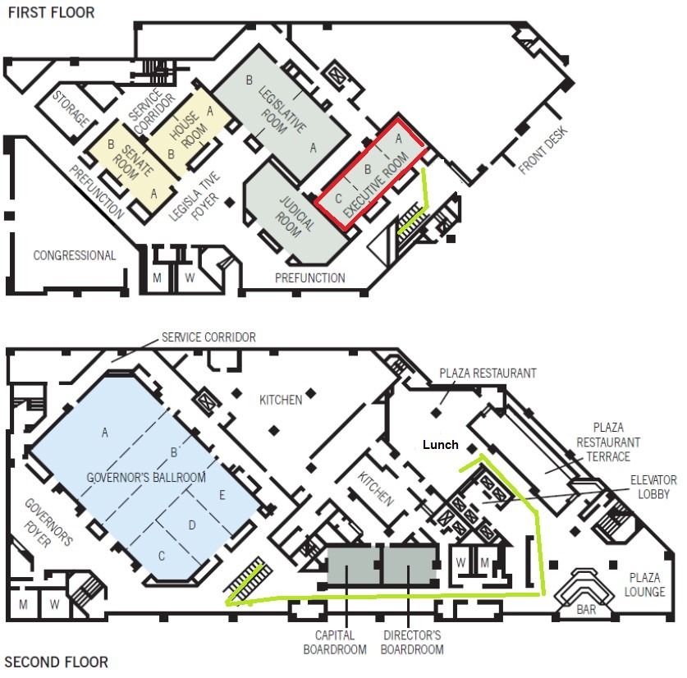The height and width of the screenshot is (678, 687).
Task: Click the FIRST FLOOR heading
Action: [x=51, y=12]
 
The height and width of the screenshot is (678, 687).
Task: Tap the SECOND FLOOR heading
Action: [x=56, y=662]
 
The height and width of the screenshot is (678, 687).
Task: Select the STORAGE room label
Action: [x=71, y=108]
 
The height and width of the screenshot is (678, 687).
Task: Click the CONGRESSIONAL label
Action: [x=75, y=255]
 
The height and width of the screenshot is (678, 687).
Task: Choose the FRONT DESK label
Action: [x=543, y=150]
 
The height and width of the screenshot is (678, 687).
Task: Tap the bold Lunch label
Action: [x=440, y=444]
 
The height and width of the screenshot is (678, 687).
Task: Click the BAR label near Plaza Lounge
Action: [x=586, y=609]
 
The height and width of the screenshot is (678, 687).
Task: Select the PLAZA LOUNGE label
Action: [x=644, y=584]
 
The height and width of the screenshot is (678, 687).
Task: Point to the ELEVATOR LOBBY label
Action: [x=653, y=487]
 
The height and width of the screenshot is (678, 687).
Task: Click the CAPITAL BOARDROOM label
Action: [x=335, y=642]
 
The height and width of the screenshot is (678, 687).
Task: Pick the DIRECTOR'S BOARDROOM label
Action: [x=412, y=642]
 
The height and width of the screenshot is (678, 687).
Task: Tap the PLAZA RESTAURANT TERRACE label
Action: [x=608, y=442]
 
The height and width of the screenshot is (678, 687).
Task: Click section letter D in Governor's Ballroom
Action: [x=191, y=525]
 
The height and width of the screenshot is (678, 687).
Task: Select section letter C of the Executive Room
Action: [x=338, y=199]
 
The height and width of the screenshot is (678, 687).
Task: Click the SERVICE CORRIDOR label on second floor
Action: [x=208, y=337]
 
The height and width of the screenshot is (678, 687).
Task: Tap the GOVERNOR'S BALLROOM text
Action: [x=146, y=477]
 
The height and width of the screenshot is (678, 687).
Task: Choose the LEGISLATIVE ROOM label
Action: [x=282, y=109]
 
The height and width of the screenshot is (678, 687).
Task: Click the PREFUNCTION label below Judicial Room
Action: [x=309, y=278]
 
